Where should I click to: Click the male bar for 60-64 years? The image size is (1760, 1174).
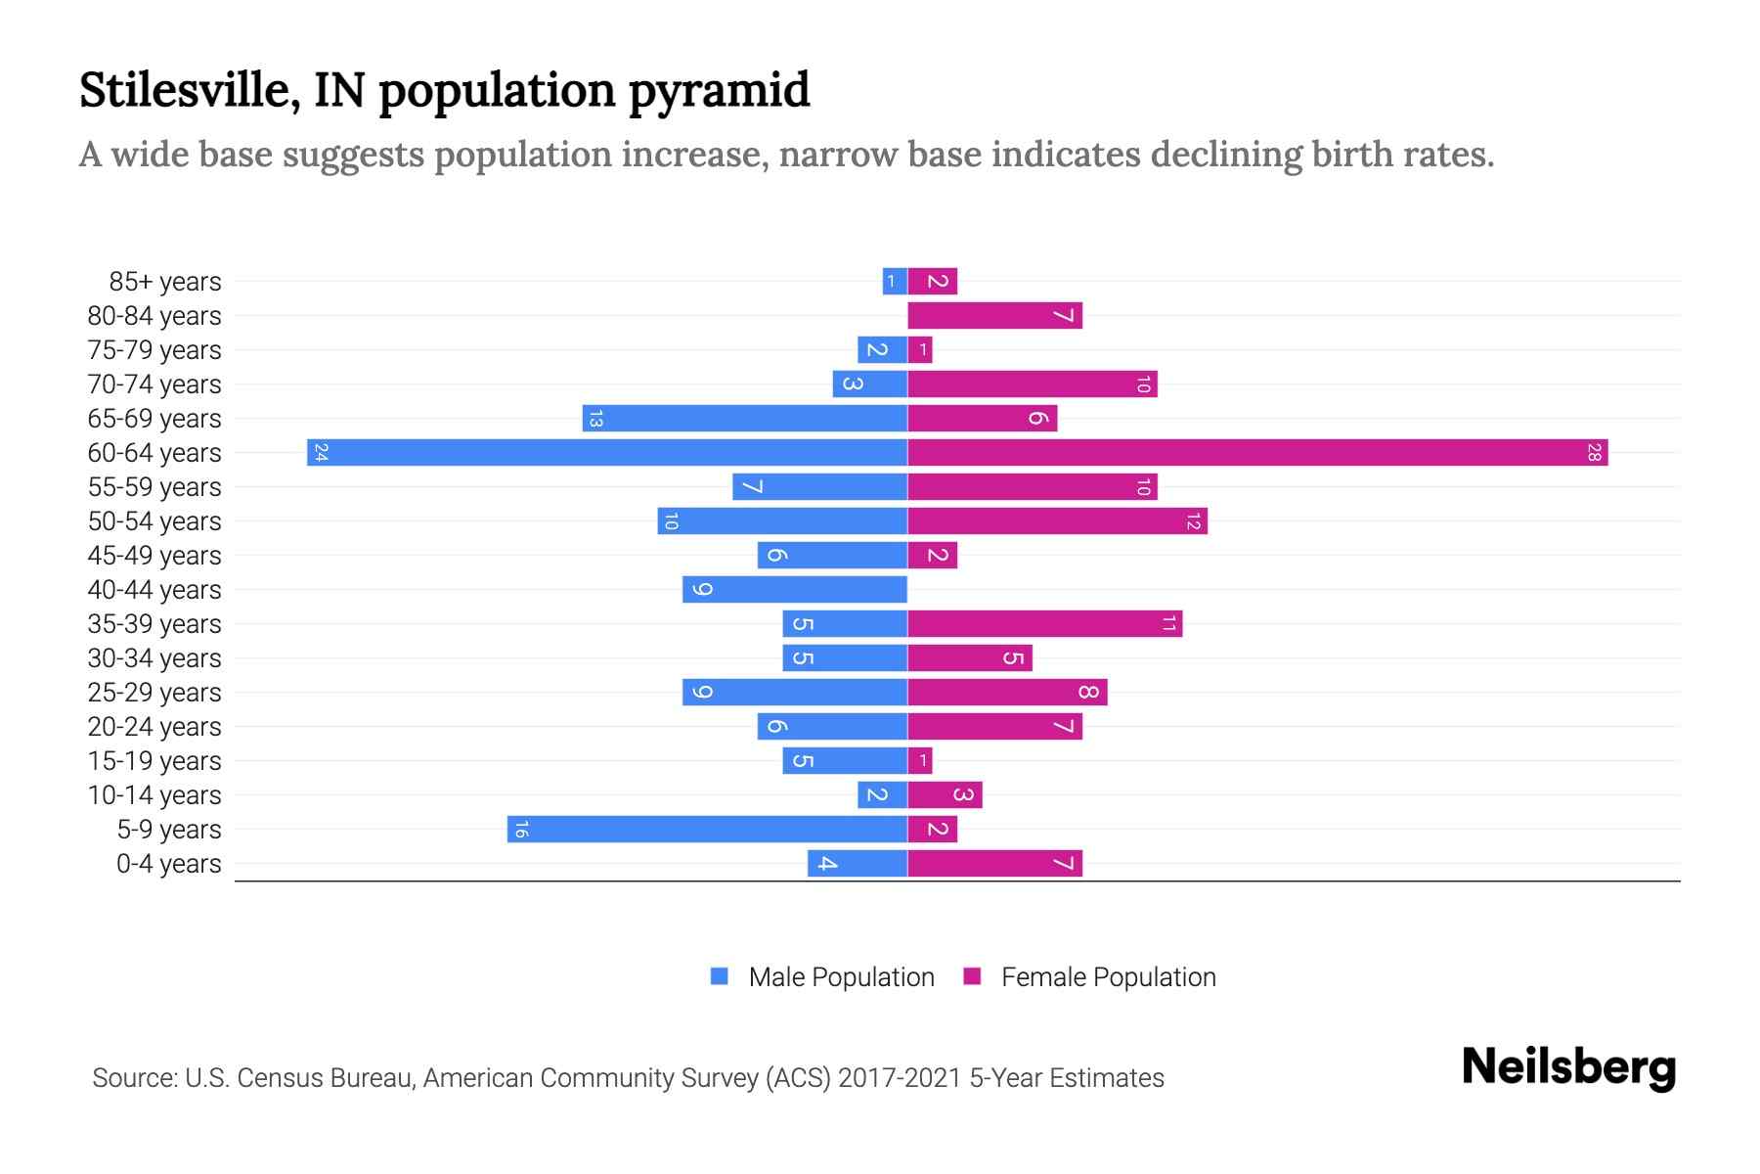point(606,453)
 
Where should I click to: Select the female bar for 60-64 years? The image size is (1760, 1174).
point(1257,453)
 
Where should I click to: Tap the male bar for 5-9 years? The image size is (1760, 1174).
point(707,830)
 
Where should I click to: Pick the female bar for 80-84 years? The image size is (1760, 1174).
point(994,316)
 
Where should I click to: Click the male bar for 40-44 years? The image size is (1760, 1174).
point(795,590)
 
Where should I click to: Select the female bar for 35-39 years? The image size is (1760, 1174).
point(1044,624)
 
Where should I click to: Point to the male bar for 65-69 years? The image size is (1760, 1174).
point(744,419)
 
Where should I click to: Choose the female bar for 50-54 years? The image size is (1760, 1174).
point(1057,521)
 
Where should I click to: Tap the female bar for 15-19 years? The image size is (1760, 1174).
point(920,761)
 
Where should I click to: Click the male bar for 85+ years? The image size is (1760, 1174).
point(895,282)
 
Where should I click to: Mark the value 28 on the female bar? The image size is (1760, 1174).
point(1594,453)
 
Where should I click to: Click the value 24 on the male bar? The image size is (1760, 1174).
point(321,453)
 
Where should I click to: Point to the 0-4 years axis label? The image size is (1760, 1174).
point(168,864)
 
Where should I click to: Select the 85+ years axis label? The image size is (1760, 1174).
point(164,282)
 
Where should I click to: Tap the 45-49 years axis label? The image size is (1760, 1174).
point(154,556)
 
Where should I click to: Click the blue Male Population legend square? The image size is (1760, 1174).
point(720,976)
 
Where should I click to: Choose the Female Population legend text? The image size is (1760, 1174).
point(1108,977)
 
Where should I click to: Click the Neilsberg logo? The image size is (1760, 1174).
point(1568,1067)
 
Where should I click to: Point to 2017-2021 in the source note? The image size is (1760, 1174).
point(899,1078)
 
